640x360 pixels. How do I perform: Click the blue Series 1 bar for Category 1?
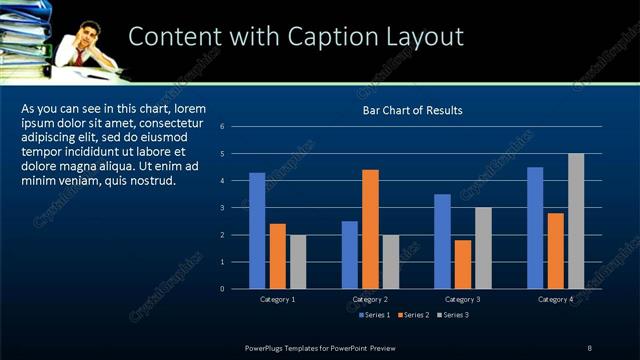(x=257, y=230)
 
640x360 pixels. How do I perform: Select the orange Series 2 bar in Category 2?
(x=370, y=228)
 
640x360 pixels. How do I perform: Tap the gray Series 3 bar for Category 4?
(x=576, y=220)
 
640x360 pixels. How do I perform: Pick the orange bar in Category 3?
(x=463, y=263)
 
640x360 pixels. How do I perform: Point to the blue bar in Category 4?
(x=535, y=227)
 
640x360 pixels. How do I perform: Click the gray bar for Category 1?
(x=298, y=261)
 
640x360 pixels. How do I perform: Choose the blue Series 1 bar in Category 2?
(x=350, y=254)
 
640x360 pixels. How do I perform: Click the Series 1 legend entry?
(x=375, y=315)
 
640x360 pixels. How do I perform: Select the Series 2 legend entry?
(x=415, y=315)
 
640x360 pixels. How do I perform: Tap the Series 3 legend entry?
(x=454, y=315)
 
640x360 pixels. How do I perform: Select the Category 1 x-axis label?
(x=277, y=299)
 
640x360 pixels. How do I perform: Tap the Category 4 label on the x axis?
(x=555, y=299)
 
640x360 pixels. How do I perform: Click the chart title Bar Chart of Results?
(x=412, y=110)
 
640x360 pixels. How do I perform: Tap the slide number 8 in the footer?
(x=589, y=347)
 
